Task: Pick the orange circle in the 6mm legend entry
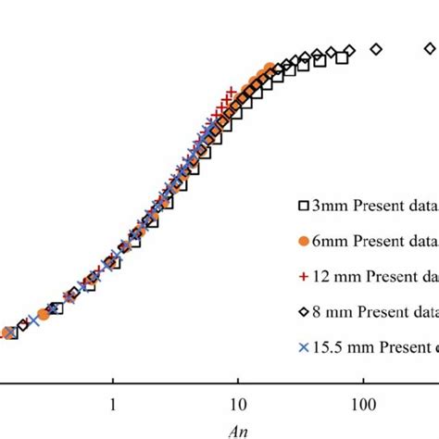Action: click(x=302, y=241)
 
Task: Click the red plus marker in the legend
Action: click(x=302, y=276)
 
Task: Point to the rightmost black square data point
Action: click(x=341, y=58)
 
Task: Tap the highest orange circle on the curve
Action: click(x=270, y=68)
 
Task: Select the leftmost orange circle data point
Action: click(x=7, y=332)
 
